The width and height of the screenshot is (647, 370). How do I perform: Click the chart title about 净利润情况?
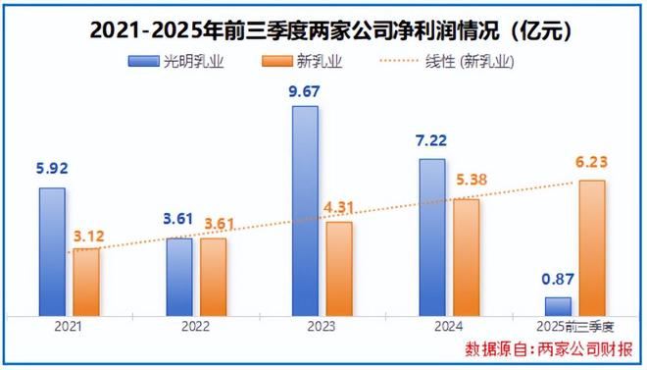(323, 28)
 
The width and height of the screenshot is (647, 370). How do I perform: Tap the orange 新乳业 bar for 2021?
(86, 282)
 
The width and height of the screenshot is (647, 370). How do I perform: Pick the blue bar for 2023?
(306, 210)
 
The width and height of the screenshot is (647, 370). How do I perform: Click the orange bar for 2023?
(339, 268)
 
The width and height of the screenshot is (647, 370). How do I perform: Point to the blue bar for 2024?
(432, 237)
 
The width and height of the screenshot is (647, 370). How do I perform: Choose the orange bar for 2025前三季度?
(592, 247)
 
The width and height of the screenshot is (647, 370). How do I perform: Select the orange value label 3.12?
(87, 235)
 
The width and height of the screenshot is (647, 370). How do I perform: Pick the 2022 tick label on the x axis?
(196, 328)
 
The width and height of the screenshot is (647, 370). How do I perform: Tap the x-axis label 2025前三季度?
(575, 328)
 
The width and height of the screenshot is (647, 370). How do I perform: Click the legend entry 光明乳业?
(175, 61)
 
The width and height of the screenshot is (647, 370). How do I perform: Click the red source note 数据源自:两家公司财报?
(549, 349)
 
